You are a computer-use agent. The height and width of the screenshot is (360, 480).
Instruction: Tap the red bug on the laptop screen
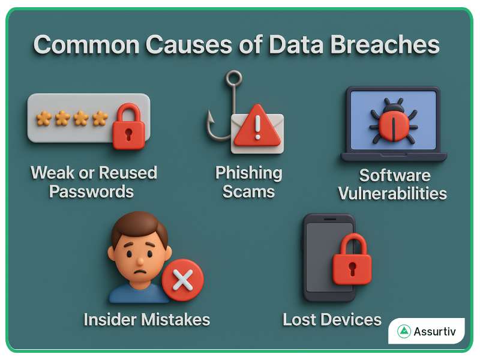pyautogui.click(x=393, y=119)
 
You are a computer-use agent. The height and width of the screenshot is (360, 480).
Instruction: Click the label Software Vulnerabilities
pyautogui.click(x=392, y=184)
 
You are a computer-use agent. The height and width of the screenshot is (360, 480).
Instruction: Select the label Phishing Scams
pyautogui.click(x=248, y=182)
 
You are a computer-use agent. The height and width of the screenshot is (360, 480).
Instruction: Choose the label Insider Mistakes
pyautogui.click(x=147, y=319)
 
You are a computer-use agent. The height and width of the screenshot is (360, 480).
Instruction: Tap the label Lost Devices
pyautogui.click(x=332, y=319)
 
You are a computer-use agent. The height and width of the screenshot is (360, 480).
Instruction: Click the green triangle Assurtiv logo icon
pyautogui.click(x=404, y=331)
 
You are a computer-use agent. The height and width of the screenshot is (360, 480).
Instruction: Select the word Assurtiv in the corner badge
pyautogui.click(x=435, y=331)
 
